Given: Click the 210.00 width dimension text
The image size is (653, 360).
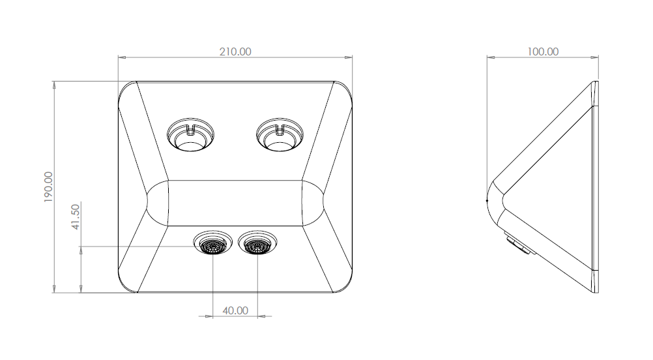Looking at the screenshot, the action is (235, 52).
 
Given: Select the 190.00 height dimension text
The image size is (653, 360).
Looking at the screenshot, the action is (48, 187).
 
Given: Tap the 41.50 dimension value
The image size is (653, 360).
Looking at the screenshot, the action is (76, 217).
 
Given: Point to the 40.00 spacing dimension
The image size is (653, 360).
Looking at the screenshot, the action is (235, 311).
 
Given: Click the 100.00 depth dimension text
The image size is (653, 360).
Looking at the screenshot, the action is (543, 52).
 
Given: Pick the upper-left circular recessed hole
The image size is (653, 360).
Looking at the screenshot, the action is (191, 134).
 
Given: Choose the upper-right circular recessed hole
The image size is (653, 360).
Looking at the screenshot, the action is (280, 134).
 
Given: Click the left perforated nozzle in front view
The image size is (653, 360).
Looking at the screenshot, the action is (213, 247).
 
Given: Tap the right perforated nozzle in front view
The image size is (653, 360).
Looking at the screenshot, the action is (257, 247).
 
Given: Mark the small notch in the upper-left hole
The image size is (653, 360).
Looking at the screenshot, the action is (191, 130).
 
